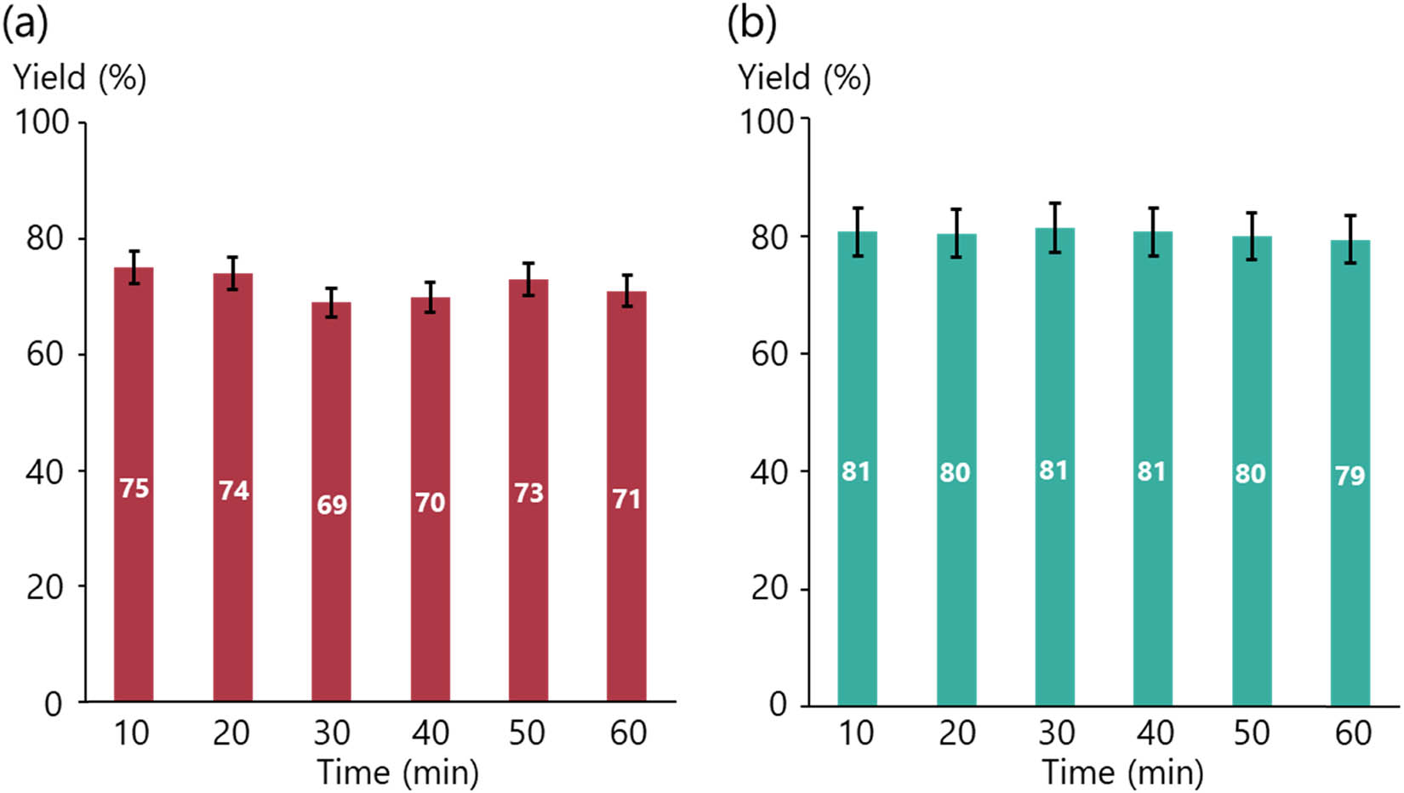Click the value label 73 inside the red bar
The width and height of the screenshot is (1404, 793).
pos(528,493)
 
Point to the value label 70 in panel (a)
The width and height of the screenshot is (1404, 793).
pos(430,502)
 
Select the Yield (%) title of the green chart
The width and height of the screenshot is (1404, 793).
pos(804,78)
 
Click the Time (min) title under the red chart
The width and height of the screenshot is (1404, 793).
pos(397,773)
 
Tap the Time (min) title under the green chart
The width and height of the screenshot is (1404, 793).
pos(1122,773)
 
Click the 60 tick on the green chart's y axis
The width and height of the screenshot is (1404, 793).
pos(768,354)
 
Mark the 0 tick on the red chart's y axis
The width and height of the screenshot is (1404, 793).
pos(54,705)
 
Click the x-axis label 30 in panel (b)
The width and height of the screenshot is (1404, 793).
pos(1055,733)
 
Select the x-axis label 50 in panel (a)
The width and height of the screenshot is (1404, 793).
pos(528,733)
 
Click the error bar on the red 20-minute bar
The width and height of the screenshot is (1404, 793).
pos(232,273)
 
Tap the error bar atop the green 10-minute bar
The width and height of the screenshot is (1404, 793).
pos(858,231)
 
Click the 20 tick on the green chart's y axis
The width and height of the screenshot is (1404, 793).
pos(768,588)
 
